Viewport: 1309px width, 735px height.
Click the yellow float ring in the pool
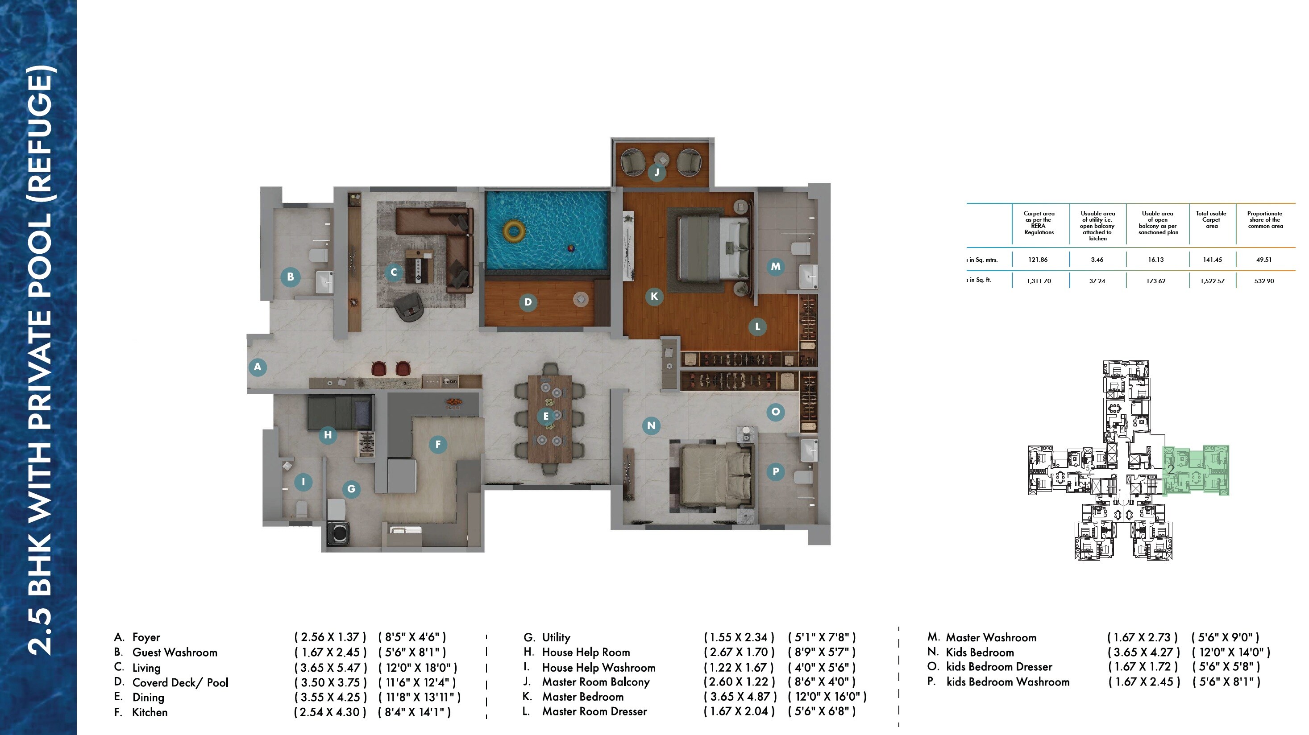tap(514, 231)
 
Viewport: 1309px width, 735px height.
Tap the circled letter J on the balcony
tap(657, 172)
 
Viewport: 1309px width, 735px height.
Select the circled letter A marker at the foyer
tap(258, 367)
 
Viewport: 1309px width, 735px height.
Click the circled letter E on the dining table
tap(546, 417)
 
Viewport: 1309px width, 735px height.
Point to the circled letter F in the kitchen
tap(437, 445)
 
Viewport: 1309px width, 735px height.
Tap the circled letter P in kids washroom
tap(775, 471)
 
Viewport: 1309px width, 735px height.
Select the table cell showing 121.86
tap(1038, 260)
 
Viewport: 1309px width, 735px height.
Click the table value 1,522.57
tap(1212, 281)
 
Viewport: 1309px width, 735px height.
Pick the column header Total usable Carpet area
tap(1211, 220)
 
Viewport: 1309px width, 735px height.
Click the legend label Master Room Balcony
tap(595, 681)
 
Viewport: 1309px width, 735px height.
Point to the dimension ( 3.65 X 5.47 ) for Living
tap(330, 668)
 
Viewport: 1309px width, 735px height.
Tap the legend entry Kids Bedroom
tap(979, 652)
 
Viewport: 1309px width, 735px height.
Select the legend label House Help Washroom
tap(598, 668)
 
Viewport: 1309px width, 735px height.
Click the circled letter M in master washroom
tap(775, 266)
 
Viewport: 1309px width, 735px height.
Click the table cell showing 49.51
tap(1264, 260)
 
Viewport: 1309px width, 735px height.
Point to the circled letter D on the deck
tap(528, 302)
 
